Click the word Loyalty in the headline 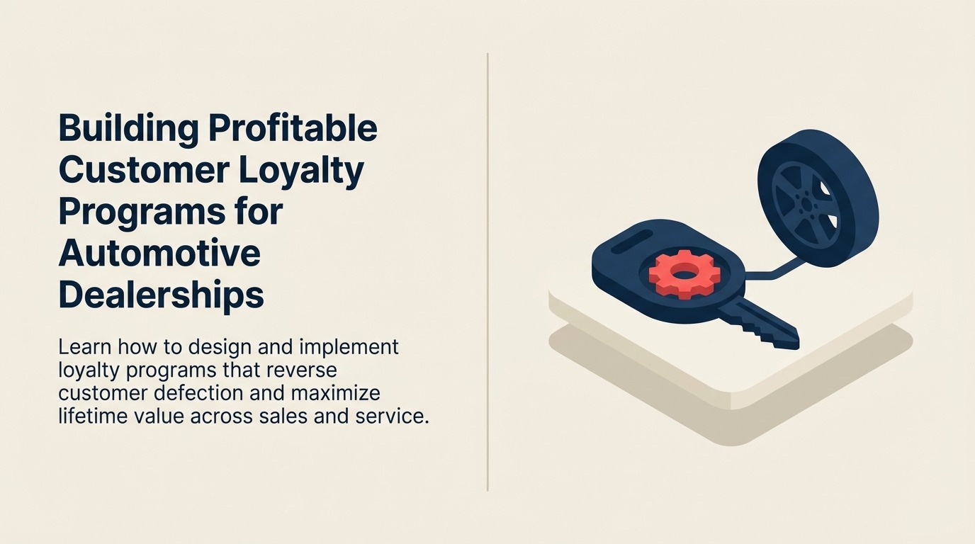tap(300, 172)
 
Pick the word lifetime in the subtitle tap(92, 416)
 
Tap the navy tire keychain tap(818, 198)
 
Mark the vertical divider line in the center tap(487, 272)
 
